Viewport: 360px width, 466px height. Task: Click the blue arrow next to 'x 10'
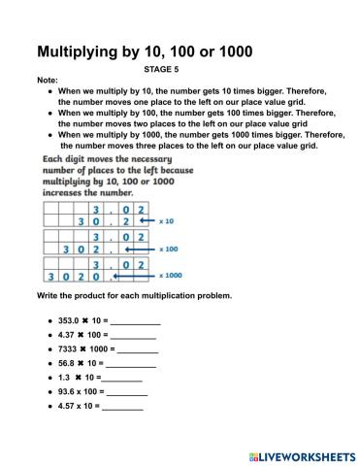coord(140,221)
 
